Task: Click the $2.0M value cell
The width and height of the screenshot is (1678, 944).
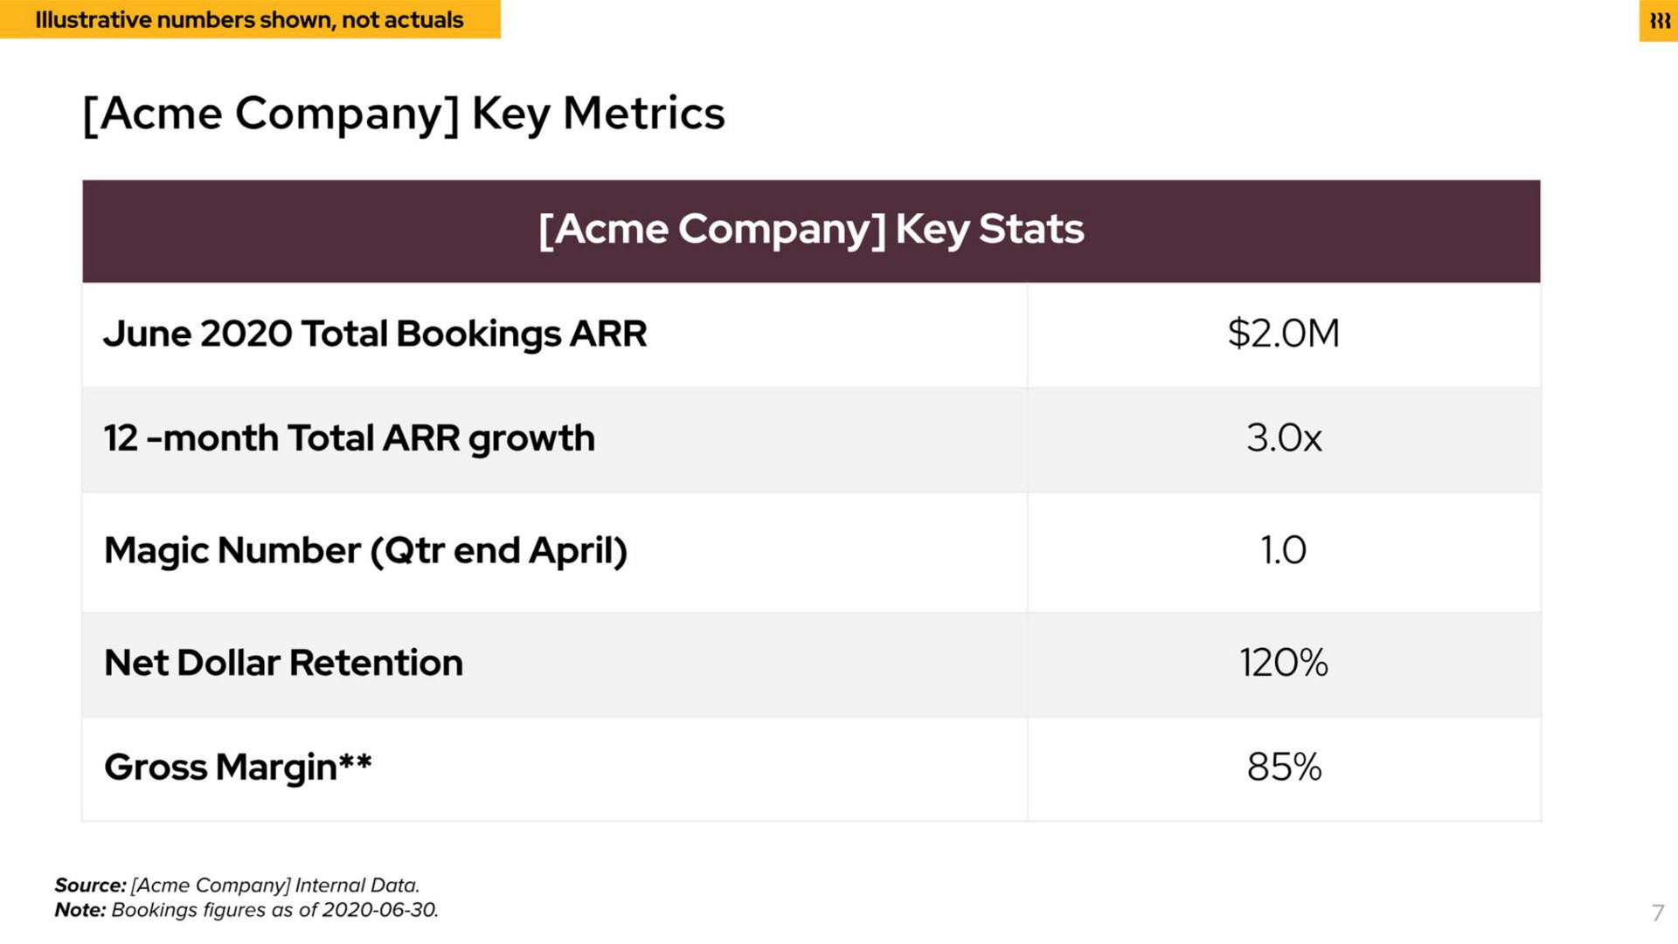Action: [1283, 334]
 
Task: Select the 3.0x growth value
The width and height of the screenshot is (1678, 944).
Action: [1284, 438]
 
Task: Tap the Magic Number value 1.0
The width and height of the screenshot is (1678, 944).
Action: [1283, 550]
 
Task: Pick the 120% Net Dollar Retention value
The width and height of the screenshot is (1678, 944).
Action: [1283, 663]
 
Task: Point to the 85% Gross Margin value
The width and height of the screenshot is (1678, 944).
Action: [1284, 767]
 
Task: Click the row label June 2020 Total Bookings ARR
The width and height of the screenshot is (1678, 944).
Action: [375, 334]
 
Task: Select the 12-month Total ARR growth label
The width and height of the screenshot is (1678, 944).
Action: [349, 438]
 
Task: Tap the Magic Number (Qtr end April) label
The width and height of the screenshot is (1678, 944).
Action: [365, 551]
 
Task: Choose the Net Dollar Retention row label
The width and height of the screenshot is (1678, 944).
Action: [283, 663]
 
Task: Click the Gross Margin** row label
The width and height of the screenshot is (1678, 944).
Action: [238, 768]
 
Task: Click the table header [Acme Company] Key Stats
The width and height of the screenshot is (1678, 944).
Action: [811, 230]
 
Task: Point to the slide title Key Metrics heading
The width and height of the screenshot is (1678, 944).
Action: [404, 114]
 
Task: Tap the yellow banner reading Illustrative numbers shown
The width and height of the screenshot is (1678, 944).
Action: [250, 19]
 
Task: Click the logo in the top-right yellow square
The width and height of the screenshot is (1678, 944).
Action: [1659, 21]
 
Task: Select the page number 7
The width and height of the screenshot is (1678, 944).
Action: [1658, 913]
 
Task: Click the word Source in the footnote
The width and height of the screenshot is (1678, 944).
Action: [90, 885]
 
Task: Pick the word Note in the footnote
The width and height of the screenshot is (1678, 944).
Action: [80, 910]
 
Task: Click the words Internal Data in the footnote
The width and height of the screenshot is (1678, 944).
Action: [357, 885]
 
